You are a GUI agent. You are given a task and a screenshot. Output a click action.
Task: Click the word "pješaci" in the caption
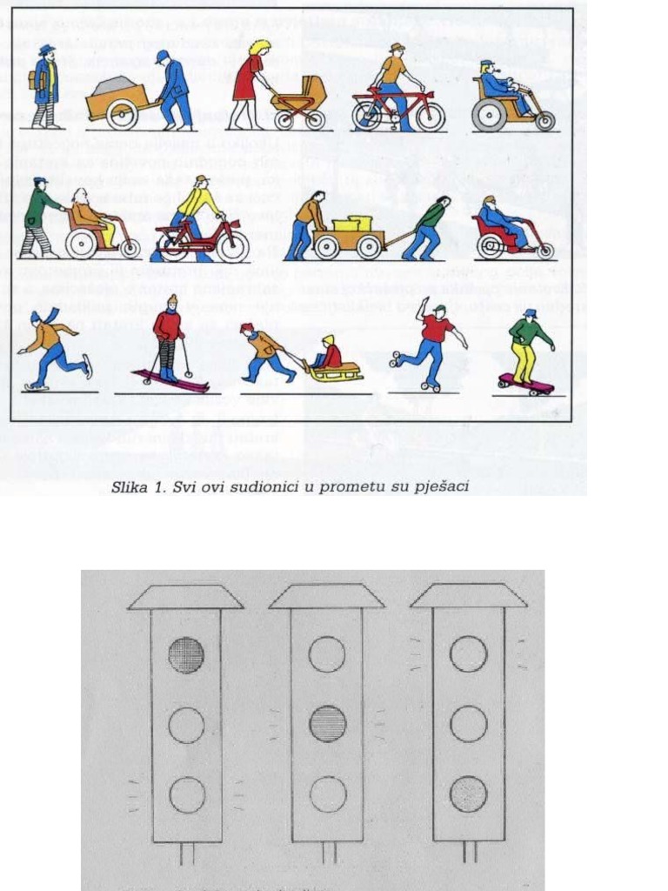tap(444, 486)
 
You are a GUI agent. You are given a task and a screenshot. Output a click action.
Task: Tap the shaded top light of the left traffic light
tap(186, 654)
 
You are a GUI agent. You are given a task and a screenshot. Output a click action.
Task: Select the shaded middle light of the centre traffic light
tap(327, 724)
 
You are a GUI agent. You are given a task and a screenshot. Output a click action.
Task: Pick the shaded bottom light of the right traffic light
tap(469, 794)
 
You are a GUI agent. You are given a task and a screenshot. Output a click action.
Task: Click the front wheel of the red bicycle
tap(430, 116)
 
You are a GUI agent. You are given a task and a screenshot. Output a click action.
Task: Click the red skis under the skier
tap(171, 380)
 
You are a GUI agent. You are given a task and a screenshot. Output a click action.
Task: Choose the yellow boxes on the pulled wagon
tap(352, 224)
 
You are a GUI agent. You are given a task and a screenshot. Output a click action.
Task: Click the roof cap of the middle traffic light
tap(327, 596)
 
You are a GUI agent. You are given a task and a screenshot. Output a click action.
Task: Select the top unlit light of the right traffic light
tap(469, 654)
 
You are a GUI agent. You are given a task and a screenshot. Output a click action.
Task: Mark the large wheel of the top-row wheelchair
tap(489, 115)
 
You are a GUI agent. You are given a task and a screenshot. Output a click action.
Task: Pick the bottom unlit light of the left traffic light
tap(186, 794)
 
